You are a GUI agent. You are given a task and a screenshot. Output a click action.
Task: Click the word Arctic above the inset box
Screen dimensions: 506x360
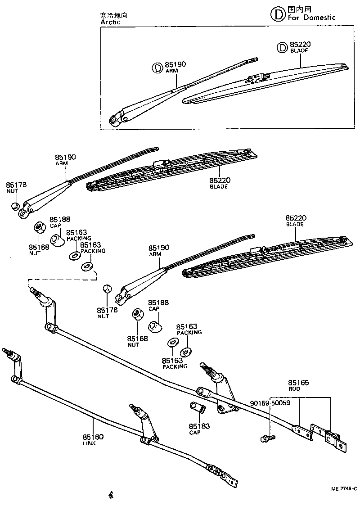[x=111, y=21]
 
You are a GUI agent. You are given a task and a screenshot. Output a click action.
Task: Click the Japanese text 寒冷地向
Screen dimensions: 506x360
[x=113, y=15]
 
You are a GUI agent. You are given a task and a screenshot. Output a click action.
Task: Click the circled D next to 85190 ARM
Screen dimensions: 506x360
[x=157, y=68]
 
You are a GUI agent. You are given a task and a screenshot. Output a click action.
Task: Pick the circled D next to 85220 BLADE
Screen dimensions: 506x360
[x=281, y=47]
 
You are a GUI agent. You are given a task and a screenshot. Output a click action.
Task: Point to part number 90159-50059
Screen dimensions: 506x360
[x=270, y=403]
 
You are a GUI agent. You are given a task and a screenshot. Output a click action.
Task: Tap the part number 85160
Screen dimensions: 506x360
[x=93, y=437]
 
